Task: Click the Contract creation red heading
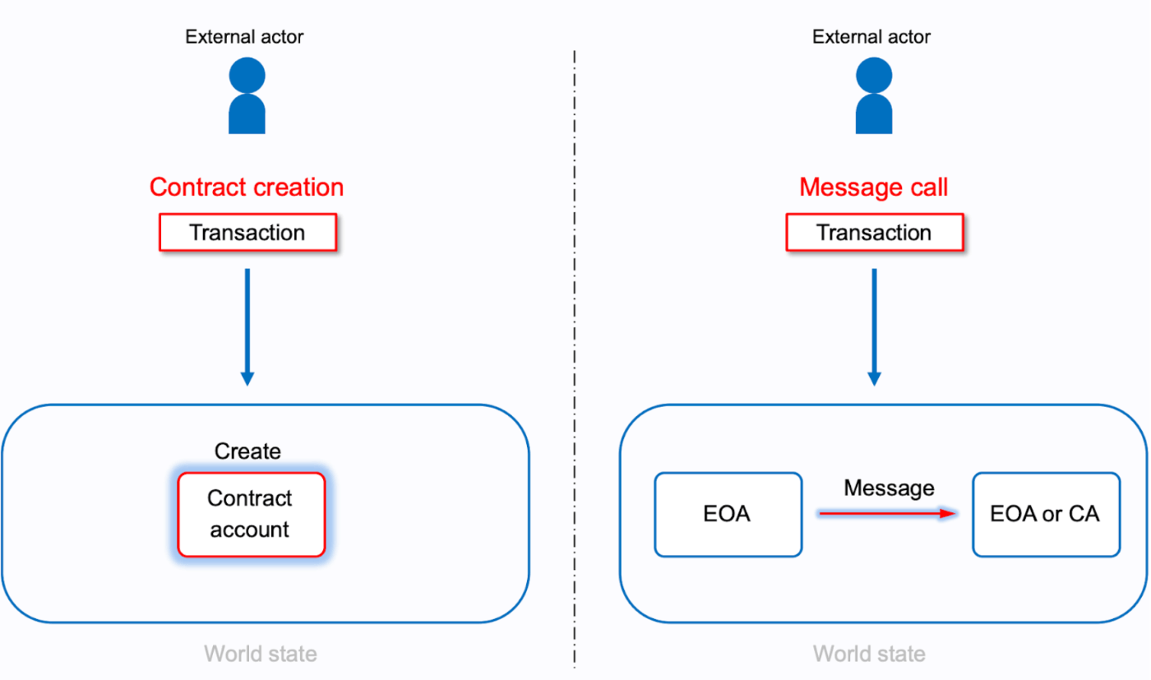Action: coord(247,187)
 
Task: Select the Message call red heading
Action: coord(873,187)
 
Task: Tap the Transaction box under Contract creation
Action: coord(247,233)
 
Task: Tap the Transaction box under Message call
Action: coord(874,233)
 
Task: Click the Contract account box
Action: coord(250,515)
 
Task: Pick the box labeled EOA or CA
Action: coord(1045,515)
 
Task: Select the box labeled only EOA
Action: coord(728,515)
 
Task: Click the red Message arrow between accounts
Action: coord(888,513)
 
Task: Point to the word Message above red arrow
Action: coord(889,488)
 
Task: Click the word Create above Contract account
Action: coord(247,451)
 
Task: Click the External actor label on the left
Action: coord(244,37)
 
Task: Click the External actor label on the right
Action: coord(871,37)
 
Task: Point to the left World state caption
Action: coord(260,655)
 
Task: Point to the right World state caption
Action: coord(869,655)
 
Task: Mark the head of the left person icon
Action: coord(247,76)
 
